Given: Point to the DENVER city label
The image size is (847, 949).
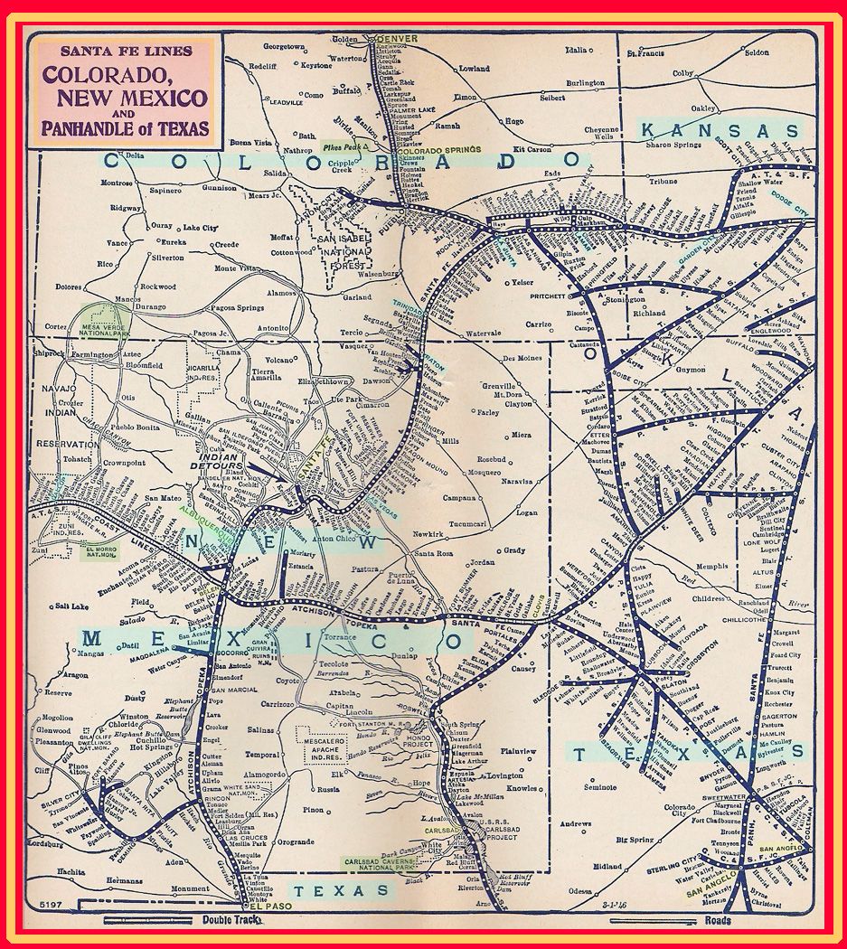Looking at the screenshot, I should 400,39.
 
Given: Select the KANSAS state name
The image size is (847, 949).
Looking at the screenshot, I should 720,131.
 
